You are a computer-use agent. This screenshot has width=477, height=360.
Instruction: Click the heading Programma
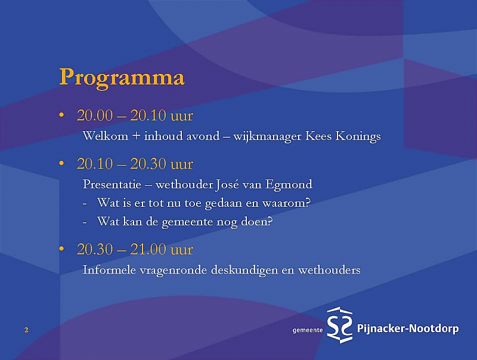tap(122, 78)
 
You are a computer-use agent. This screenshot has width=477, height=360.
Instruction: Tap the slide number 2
tap(26, 330)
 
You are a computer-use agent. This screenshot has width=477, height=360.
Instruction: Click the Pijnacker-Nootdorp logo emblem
tap(340, 325)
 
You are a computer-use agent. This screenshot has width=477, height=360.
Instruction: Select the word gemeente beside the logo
tap(308, 330)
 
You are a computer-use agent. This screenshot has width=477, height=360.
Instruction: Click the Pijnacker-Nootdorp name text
tap(408, 328)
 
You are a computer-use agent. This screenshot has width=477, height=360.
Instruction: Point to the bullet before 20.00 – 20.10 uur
tap(62, 115)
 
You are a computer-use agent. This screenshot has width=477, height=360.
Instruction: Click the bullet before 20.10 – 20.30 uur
tap(62, 164)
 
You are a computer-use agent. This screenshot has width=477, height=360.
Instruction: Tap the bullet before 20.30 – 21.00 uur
tap(62, 249)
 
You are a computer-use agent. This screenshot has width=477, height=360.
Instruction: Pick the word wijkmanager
tap(267, 136)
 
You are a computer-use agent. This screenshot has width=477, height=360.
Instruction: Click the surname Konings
tap(358, 136)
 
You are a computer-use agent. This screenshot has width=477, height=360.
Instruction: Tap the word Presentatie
tap(112, 184)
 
